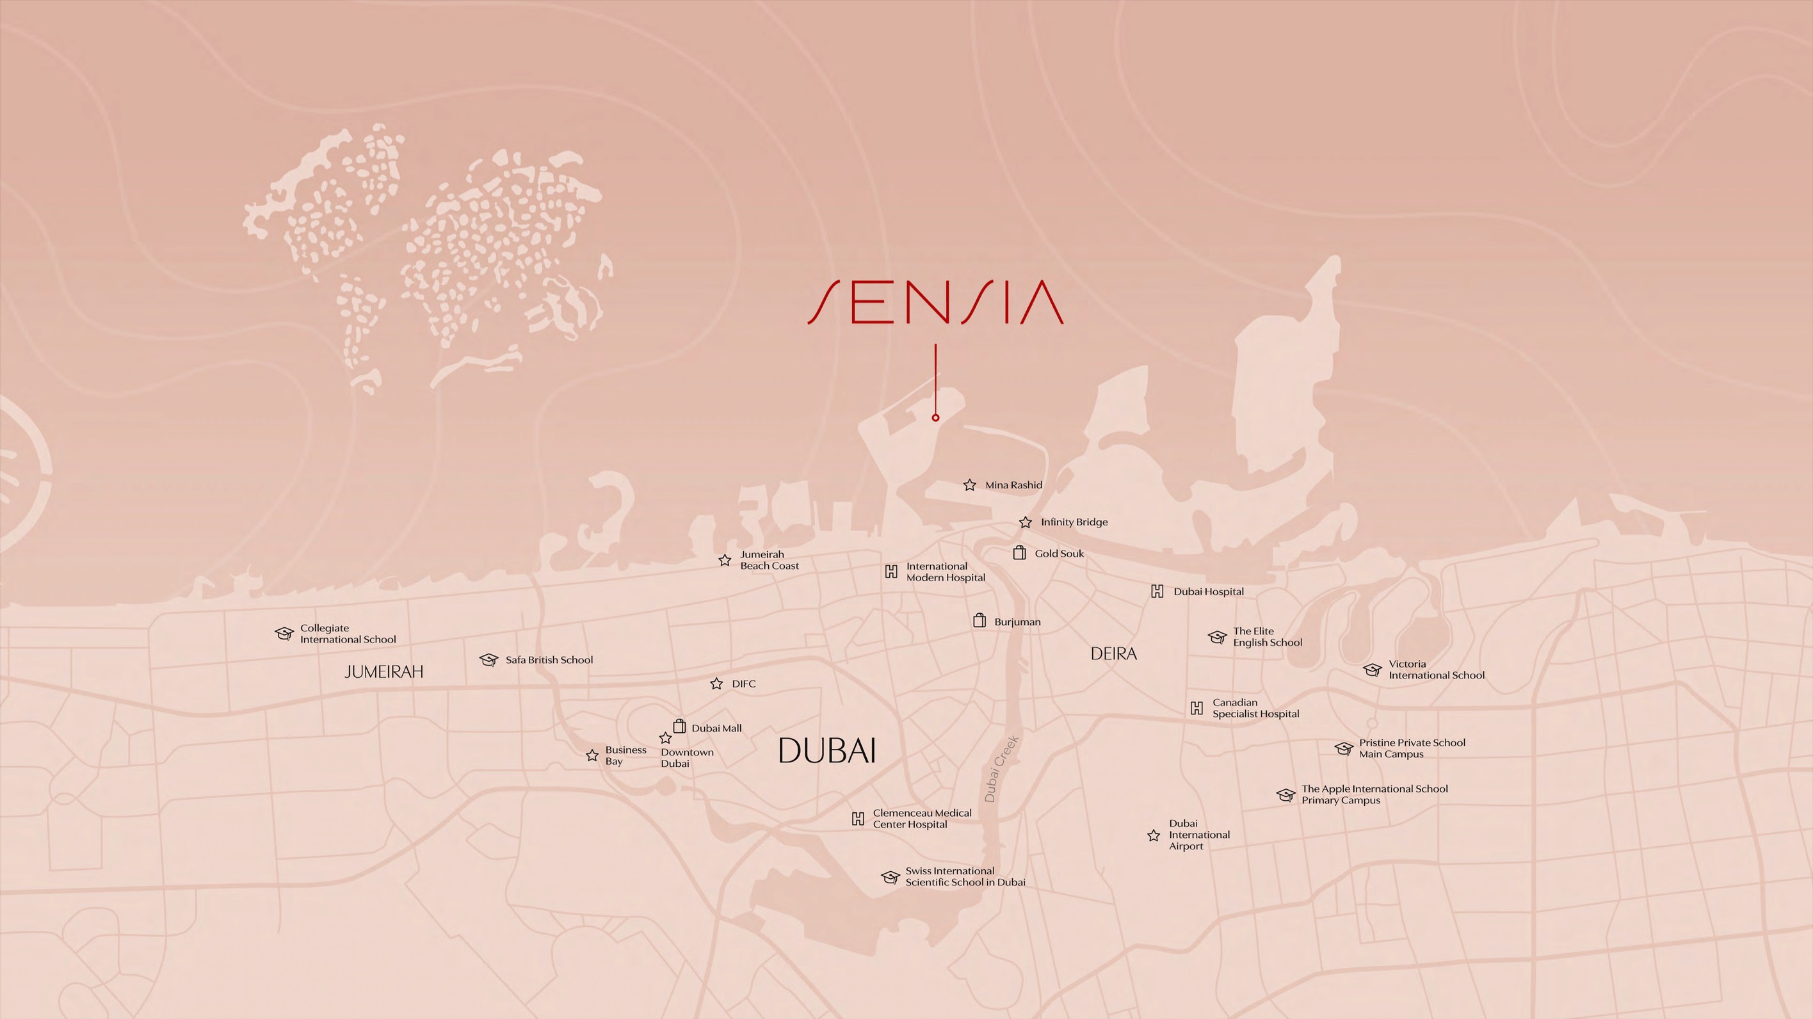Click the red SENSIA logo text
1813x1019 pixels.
coord(935,303)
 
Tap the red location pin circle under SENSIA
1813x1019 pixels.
coord(935,417)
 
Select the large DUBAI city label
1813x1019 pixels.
coord(827,751)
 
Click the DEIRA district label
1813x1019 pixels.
coord(1113,654)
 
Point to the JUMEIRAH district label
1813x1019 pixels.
coord(383,672)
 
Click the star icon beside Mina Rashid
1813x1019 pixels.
coord(970,485)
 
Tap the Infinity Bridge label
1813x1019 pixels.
coord(1074,522)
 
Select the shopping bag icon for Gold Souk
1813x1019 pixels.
coord(1019,553)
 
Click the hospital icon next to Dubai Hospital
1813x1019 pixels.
coord(1157,591)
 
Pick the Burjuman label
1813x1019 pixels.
coord(1017,622)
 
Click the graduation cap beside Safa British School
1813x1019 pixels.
coord(488,659)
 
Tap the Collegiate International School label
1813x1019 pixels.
coord(348,634)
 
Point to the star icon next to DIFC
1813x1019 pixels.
coord(716,684)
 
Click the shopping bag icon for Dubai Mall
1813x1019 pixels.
coord(679,726)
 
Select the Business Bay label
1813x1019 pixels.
coord(625,755)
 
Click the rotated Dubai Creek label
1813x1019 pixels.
coord(1001,769)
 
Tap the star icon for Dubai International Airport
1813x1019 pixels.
coord(1154,835)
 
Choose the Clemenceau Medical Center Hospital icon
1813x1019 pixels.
coord(858,819)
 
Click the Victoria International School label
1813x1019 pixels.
coord(1436,670)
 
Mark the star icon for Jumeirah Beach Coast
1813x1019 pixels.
coord(725,560)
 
